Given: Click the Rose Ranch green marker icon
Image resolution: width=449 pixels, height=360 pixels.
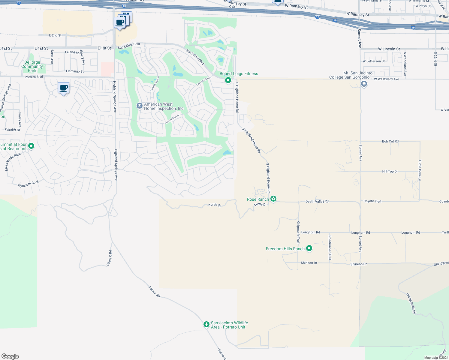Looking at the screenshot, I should (273, 199).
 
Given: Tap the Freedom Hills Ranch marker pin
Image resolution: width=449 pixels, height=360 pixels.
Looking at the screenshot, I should (309, 248).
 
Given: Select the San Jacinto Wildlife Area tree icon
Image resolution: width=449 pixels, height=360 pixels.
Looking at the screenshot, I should (206, 325).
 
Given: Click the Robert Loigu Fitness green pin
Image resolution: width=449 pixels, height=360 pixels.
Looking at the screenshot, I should (228, 80).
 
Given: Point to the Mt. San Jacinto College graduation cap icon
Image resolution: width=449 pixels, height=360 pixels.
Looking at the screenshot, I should (364, 84).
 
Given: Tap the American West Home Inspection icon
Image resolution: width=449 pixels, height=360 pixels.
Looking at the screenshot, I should (139, 106).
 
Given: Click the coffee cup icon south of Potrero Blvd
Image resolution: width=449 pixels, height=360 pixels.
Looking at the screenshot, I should (63, 88).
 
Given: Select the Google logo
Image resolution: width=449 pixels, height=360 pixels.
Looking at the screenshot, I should (10, 356).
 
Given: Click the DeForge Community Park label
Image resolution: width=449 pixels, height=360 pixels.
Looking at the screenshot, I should (32, 67).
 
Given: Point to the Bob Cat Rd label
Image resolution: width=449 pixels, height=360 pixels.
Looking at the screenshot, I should (390, 141).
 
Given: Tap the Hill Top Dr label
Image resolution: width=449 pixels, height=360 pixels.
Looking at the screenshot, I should (390, 172).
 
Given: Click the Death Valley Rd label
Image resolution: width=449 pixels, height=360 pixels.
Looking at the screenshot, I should (317, 202).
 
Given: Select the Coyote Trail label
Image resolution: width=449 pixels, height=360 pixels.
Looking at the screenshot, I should (372, 201).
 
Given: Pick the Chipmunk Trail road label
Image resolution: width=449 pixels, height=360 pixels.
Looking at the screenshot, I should (298, 232).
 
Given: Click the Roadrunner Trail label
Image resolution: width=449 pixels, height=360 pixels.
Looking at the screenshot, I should (330, 247).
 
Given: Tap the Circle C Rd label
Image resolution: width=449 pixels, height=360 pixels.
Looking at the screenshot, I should (109, 258).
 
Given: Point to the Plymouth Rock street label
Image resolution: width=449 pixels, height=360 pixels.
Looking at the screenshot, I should (28, 184).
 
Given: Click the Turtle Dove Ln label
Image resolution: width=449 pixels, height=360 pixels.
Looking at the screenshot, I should (420, 170).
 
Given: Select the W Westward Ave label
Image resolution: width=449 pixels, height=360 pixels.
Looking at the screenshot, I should (386, 79).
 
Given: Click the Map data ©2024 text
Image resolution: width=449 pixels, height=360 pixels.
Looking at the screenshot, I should (436, 358).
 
